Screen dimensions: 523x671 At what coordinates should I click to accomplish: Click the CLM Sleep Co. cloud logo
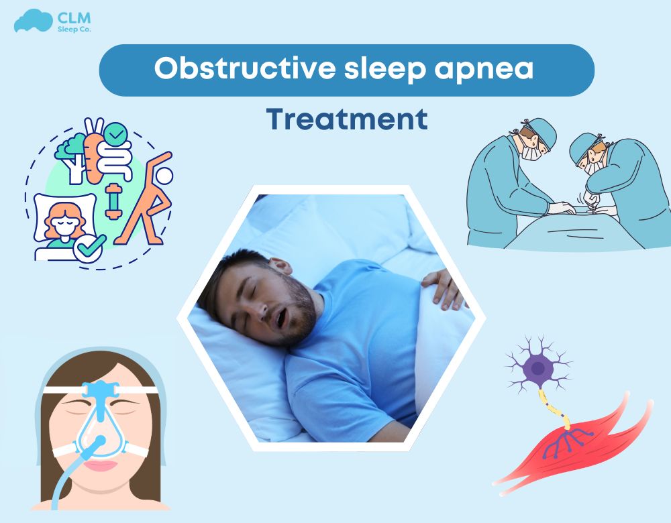(x=33, y=21)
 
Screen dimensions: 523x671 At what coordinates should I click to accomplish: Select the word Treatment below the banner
(x=347, y=119)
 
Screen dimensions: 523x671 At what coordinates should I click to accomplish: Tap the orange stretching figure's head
(x=165, y=176)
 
